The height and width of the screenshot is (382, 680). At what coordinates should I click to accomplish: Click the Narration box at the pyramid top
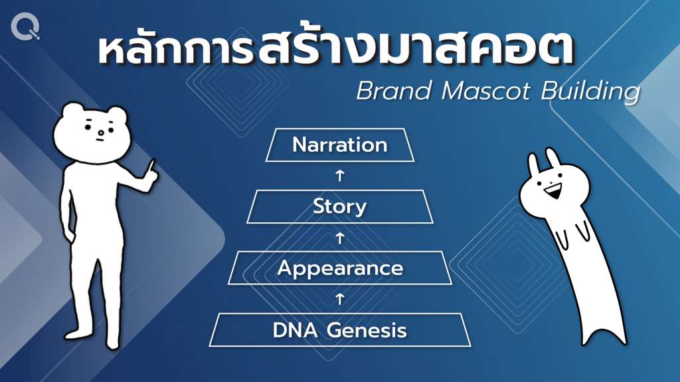(x=340, y=145)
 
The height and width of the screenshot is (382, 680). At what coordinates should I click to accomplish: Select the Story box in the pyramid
(x=340, y=207)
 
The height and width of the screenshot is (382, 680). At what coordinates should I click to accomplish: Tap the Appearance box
(x=340, y=268)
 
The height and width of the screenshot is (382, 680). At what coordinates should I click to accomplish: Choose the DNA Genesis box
(x=340, y=330)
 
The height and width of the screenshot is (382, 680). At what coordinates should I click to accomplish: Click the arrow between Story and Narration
(x=340, y=176)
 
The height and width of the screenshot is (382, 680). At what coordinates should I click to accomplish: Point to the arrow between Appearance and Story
(x=340, y=238)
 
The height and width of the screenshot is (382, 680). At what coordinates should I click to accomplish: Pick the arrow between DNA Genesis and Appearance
(x=340, y=299)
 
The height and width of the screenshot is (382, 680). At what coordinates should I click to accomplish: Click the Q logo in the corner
(x=26, y=27)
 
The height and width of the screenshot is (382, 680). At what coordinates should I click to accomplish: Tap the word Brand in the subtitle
(x=394, y=91)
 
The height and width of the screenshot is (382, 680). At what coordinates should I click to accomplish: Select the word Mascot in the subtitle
(x=485, y=91)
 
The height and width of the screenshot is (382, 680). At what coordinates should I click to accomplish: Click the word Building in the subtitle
(x=590, y=92)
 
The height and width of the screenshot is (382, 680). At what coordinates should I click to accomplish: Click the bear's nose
(x=101, y=133)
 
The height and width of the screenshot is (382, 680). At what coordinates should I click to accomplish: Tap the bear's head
(x=92, y=132)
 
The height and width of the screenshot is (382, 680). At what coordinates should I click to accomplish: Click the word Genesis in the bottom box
(x=367, y=330)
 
